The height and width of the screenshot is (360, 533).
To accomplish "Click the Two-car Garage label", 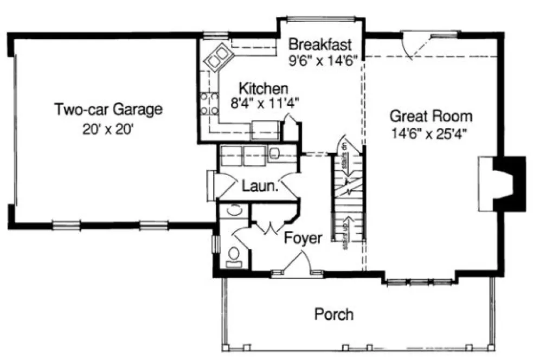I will click(x=108, y=110).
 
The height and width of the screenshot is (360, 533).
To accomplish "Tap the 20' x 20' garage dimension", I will click(x=108, y=130).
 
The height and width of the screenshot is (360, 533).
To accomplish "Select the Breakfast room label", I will click(x=320, y=43).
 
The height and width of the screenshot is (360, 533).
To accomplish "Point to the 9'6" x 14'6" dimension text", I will click(x=322, y=60).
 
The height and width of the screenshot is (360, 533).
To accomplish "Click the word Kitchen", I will click(x=264, y=88).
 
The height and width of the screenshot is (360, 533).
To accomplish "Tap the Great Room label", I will click(x=431, y=116).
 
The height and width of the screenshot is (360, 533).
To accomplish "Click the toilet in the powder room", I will click(x=235, y=254).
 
